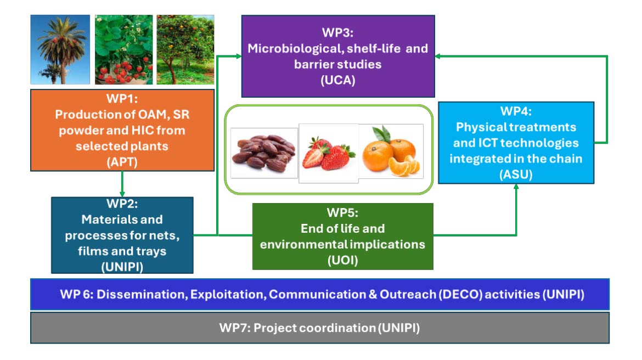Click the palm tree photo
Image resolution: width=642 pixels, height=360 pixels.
click(60, 49)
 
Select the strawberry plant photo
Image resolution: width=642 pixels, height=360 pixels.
click(123, 49)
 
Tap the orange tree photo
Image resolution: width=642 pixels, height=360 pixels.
click(185, 49)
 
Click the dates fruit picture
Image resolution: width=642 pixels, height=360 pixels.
click(264, 152)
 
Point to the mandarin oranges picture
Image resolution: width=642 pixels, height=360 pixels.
click(391, 151)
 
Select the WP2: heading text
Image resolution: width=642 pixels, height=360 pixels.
click(122, 204)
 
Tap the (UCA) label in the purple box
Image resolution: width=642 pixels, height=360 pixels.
click(338, 80)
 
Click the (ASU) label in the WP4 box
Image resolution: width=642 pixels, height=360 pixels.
click(516, 175)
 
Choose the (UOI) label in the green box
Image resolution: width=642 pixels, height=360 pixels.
click(342, 260)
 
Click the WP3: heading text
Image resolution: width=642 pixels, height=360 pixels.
click(338, 33)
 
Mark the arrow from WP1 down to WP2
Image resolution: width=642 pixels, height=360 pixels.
click(122, 184)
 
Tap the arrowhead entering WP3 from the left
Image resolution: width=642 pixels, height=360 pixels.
click(237, 56)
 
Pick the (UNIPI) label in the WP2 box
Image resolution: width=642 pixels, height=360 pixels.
click(122, 266)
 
